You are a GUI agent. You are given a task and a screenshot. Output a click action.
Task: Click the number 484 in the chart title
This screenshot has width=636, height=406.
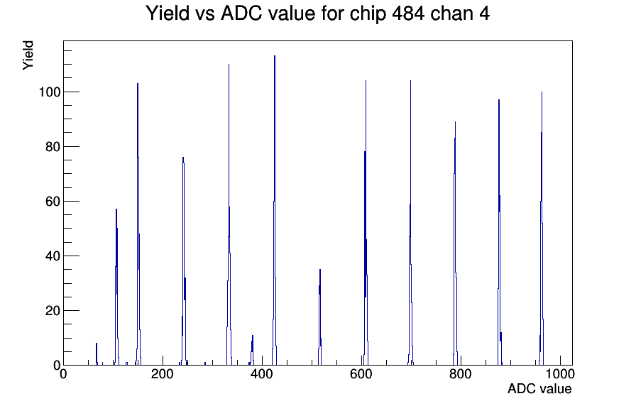[x=408, y=13]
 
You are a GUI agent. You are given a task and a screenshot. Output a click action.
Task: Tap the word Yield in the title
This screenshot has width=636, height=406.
[x=167, y=13]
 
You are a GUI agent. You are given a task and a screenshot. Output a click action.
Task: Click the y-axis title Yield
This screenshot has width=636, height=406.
[x=28, y=55]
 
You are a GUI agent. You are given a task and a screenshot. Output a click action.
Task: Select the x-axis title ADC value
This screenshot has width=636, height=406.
[x=539, y=388]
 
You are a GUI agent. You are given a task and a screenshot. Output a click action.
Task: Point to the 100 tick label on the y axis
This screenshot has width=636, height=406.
[x=49, y=92]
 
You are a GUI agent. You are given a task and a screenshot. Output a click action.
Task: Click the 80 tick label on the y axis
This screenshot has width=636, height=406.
[x=53, y=147]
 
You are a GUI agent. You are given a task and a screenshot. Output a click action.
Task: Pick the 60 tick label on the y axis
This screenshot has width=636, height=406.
[x=53, y=201]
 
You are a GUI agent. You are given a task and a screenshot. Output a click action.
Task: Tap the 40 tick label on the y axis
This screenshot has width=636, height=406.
[x=53, y=256]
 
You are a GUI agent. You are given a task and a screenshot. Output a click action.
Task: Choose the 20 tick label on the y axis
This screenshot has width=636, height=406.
[x=53, y=311]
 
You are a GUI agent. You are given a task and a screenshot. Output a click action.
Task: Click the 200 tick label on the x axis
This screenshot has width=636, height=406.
[x=163, y=373]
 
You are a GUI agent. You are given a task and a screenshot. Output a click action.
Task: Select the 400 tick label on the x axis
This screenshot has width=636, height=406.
[x=262, y=373]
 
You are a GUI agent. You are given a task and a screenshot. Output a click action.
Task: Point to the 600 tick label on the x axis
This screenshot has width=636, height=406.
[x=361, y=373]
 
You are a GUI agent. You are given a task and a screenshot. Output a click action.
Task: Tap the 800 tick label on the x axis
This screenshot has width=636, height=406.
[x=461, y=373]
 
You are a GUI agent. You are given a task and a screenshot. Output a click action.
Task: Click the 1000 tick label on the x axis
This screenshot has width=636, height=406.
[x=560, y=373]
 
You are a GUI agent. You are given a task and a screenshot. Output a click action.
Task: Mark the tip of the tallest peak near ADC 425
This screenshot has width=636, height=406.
[x=275, y=56]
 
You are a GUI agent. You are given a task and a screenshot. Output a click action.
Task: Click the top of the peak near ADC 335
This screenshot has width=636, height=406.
[x=229, y=65]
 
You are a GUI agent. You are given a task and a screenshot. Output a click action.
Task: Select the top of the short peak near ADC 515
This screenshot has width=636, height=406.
[x=320, y=269]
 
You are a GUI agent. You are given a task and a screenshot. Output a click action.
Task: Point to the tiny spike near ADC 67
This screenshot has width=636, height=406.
[x=97, y=344]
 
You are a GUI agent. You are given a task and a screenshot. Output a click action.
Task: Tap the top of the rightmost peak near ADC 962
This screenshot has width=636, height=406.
[x=542, y=92]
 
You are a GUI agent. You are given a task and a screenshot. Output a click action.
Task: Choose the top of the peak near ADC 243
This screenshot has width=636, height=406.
[x=183, y=158]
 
